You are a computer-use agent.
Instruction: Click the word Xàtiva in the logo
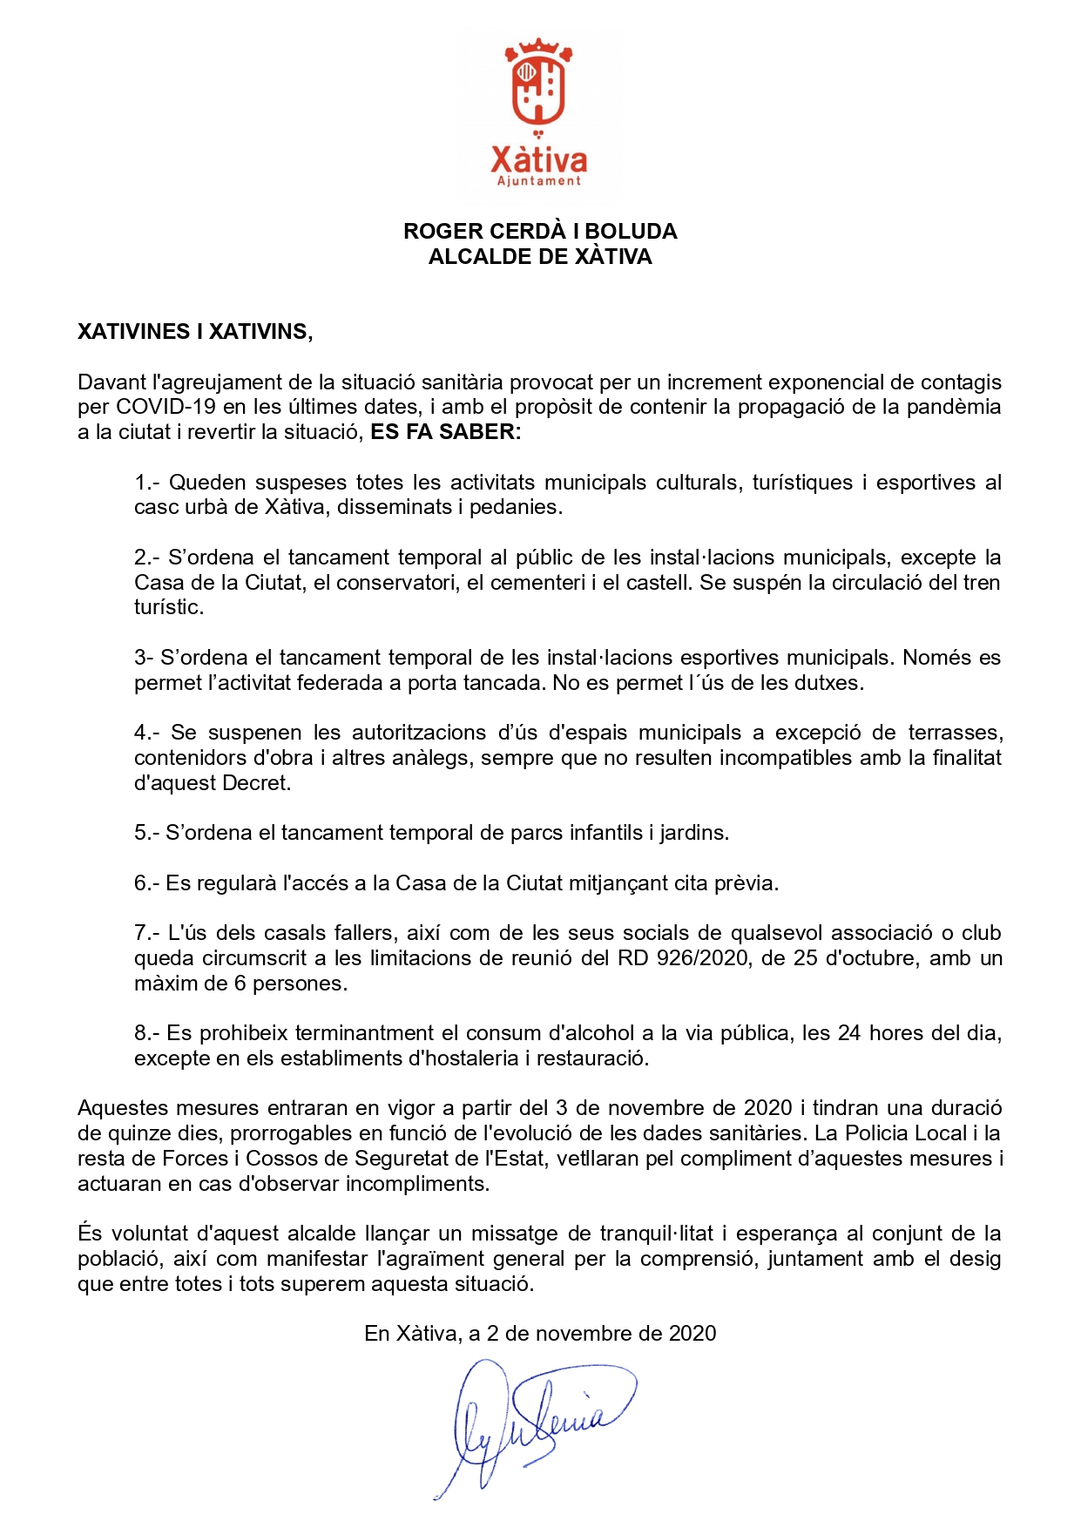coord(539,159)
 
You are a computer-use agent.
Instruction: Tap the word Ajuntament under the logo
coord(539,181)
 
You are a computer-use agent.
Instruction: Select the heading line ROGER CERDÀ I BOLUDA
coord(540,231)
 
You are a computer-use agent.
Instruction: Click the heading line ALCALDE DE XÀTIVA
coord(540,256)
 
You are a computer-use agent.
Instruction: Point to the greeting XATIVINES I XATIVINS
coord(195,331)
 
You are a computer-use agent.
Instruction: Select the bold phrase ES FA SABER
coord(443,432)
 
